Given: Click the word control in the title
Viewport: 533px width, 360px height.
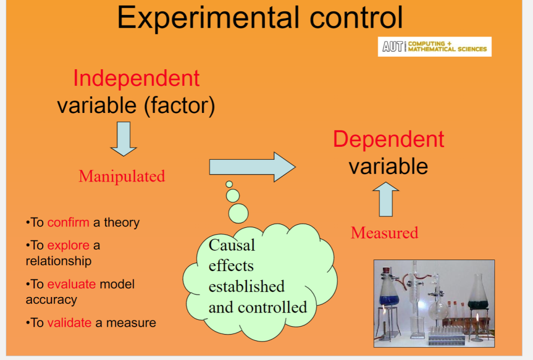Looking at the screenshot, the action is (356, 17).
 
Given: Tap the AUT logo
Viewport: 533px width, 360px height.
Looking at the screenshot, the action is (392, 46).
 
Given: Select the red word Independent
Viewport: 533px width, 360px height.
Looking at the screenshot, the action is (136, 78).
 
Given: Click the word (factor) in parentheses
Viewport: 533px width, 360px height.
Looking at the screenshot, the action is (180, 106).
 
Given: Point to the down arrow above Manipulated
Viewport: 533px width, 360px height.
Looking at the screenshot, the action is (123, 139).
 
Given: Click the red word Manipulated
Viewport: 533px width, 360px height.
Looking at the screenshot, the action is (122, 176).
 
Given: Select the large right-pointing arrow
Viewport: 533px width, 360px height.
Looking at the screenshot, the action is (252, 167).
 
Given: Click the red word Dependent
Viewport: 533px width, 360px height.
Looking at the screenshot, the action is (388, 139).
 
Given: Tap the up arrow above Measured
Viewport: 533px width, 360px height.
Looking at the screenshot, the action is (386, 199).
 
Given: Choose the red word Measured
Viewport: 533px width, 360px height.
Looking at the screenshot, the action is (385, 233).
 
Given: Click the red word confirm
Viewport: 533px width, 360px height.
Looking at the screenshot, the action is (68, 223).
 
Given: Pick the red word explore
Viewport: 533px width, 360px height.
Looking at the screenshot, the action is (68, 246).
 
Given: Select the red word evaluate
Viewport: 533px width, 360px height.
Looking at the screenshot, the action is (71, 284).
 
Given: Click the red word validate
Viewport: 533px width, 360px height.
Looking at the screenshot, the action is (69, 323).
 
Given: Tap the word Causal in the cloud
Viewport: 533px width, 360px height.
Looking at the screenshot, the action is (232, 245).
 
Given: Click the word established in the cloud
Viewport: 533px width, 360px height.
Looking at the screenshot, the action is (246, 287).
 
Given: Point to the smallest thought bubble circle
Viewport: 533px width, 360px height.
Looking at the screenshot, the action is (229, 184).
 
